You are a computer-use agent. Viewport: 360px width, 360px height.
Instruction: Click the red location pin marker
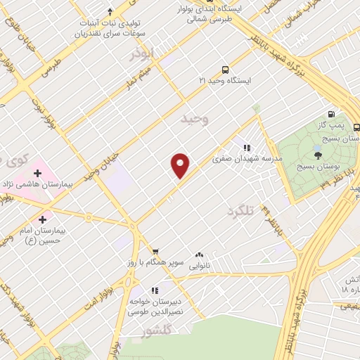[x=181, y=165]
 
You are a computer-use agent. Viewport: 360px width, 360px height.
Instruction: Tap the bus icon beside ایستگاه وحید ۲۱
[x=224, y=70]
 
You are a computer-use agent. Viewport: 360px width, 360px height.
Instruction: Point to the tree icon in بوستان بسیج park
[x=319, y=155]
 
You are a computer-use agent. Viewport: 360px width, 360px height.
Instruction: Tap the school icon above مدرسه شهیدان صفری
[x=247, y=148]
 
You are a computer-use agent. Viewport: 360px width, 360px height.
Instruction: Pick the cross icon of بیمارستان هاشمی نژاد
[x=37, y=172]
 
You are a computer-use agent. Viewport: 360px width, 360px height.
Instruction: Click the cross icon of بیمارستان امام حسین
[x=46, y=219]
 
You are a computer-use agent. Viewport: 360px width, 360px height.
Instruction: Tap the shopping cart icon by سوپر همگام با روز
[x=155, y=251]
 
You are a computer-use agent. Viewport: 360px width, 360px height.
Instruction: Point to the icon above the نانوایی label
[x=200, y=255]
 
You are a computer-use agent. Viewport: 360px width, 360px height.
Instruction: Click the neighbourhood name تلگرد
[x=240, y=210]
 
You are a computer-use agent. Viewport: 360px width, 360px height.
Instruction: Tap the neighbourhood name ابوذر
[x=143, y=54]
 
